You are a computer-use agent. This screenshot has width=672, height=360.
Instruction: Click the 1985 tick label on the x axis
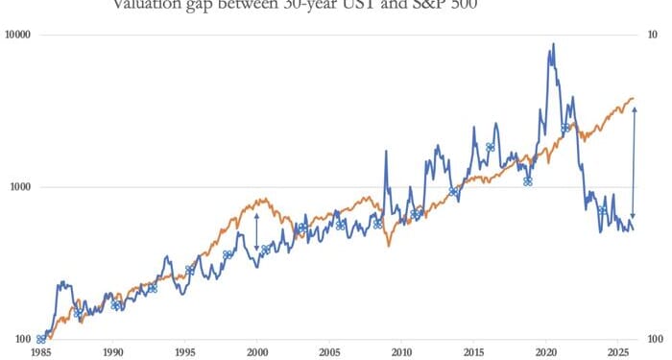(x=40, y=352)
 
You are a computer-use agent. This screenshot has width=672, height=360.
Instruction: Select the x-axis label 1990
(x=112, y=352)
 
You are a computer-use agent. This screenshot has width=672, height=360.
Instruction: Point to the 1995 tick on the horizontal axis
(x=184, y=352)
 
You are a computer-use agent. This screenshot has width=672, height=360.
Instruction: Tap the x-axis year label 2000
(x=256, y=352)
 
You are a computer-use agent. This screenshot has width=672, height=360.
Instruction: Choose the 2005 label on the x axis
(x=328, y=352)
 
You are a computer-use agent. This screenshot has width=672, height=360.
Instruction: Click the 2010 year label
(x=400, y=352)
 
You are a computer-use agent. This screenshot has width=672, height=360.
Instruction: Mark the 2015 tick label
(x=472, y=352)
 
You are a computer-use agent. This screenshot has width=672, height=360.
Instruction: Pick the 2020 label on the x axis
(x=544, y=352)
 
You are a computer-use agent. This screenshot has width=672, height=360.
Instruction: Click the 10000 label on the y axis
(x=18, y=36)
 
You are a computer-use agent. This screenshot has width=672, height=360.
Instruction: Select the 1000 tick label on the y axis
(x=20, y=187)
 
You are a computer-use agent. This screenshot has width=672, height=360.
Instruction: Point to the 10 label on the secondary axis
(x=652, y=36)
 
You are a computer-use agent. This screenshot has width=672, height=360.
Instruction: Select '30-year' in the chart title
(x=324, y=4)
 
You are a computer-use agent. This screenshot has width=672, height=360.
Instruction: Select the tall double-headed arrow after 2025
(x=633, y=163)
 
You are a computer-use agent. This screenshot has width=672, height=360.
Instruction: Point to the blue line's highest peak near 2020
(x=551, y=44)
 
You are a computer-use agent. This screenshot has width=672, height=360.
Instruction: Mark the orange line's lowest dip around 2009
(x=389, y=247)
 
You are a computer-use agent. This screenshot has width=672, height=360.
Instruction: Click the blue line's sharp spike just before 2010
(x=386, y=152)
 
